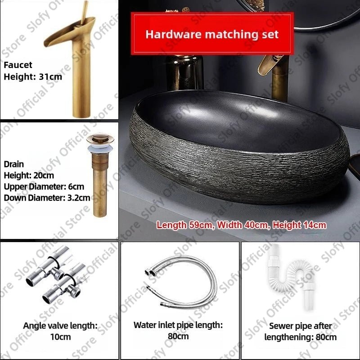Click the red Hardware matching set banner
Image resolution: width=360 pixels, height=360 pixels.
click(x=212, y=34)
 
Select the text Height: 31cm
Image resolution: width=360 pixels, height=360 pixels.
click(x=33, y=76)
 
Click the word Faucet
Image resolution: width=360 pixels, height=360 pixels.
click(x=18, y=65)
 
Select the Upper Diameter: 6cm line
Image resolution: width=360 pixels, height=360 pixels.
click(x=44, y=186)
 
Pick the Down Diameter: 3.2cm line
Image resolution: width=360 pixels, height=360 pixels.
click(x=47, y=197)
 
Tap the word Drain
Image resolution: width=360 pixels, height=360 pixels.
click(x=14, y=164)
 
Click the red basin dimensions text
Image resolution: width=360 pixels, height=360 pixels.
click(x=242, y=225)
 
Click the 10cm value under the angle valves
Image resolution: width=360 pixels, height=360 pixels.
click(x=60, y=337)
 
